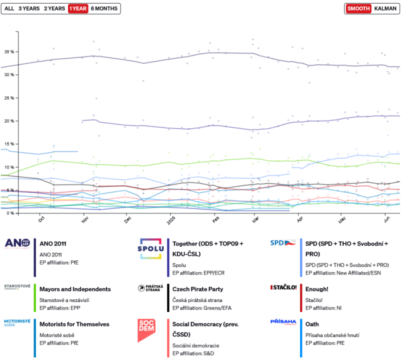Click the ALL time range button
coord(9,8)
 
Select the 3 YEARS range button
coord(28,8)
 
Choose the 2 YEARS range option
coord(53,8)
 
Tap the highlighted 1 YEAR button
coord(77,8)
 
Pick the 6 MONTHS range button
coord(104,8)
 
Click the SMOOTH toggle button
coord(358,8)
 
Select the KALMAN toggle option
coord(385,8)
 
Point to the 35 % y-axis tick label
coord(9,51)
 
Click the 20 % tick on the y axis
coord(9,121)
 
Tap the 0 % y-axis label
coord(10,213)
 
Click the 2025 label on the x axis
coord(170,220)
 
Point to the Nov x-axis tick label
coord(84,219)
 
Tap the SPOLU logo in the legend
coord(150,248)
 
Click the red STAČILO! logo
coord(283,287)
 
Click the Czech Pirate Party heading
coord(198,289)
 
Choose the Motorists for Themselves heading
coord(74,324)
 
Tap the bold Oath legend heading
coord(312,324)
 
